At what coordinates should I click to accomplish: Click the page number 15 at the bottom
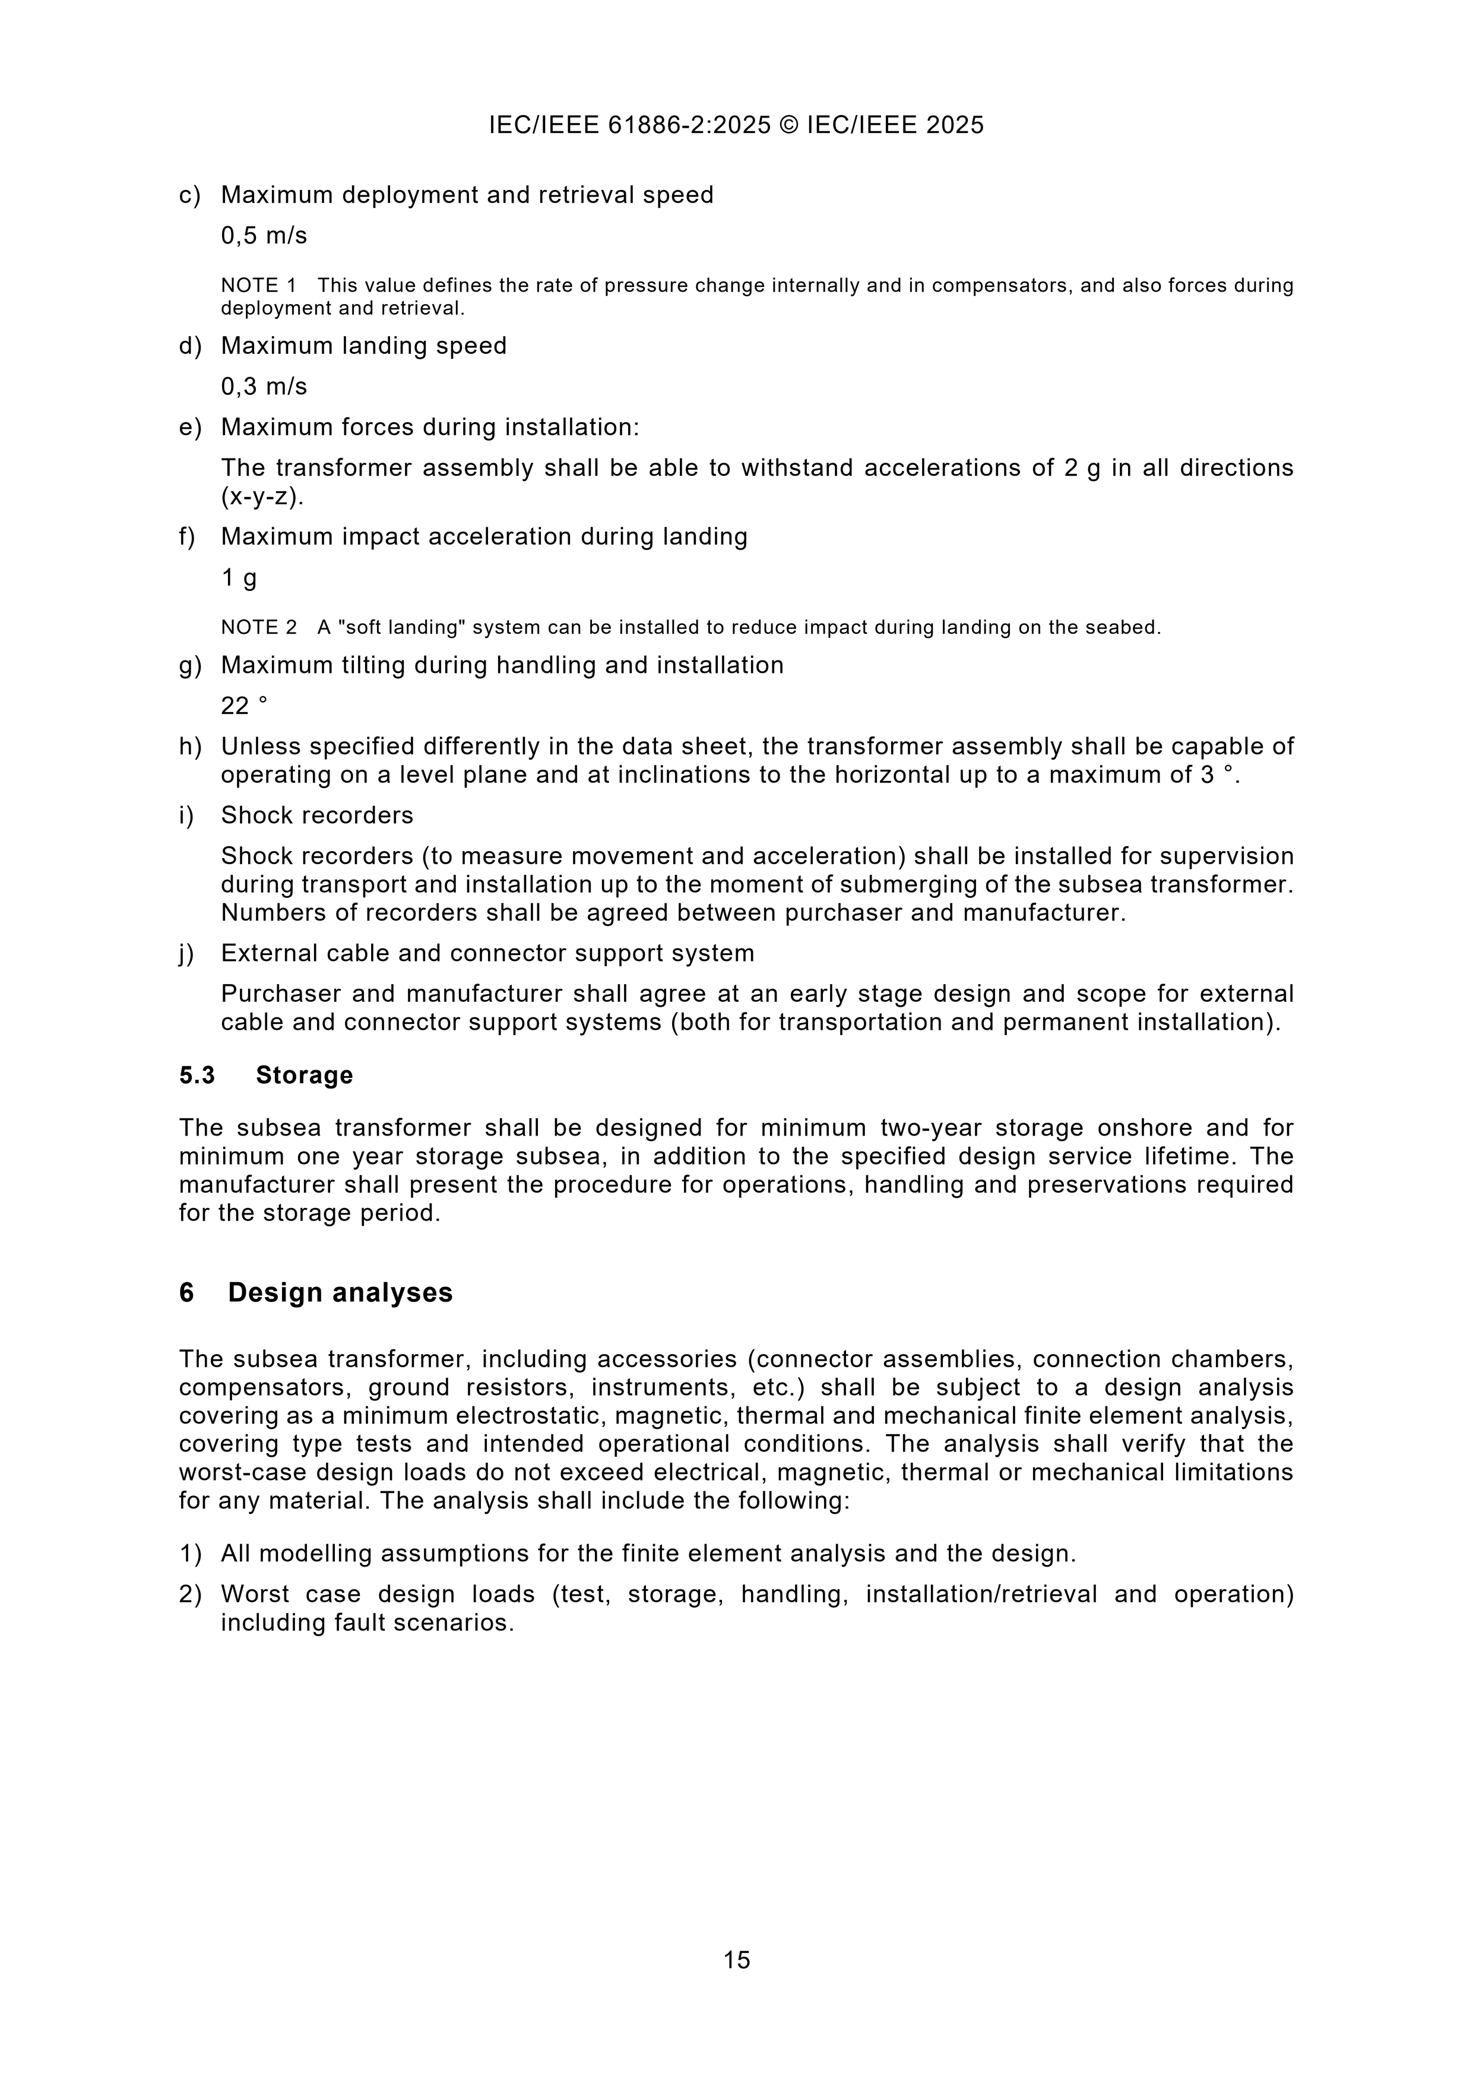(736, 1960)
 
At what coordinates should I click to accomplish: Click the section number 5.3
(197, 1075)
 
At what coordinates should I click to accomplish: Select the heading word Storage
(304, 1075)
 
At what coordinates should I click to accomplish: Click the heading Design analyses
(340, 1292)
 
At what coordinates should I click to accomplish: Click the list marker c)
(189, 195)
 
